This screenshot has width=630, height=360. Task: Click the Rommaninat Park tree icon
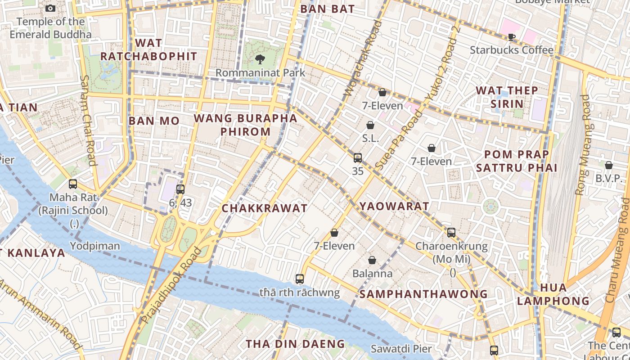(260, 59)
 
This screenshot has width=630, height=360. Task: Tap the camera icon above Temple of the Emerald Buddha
(50, 8)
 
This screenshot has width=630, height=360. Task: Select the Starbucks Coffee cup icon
(511, 37)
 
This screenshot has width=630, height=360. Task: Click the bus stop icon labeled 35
(358, 158)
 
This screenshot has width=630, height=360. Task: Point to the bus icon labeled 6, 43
(180, 189)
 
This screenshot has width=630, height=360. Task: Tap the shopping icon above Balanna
(372, 260)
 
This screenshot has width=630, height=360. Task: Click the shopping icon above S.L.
(370, 125)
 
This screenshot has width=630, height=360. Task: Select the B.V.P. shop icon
(608, 166)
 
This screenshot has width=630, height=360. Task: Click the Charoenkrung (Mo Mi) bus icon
(451, 233)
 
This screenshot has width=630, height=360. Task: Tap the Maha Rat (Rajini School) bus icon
(73, 184)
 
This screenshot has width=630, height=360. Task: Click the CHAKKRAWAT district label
(265, 208)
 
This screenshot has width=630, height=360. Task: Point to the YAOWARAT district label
(394, 206)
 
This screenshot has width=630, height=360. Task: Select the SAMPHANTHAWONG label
(423, 294)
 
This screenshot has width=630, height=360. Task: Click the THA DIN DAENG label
(295, 344)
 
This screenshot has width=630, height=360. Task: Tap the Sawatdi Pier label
(401, 349)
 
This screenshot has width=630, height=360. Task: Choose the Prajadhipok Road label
(171, 285)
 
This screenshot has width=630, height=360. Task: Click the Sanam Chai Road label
(88, 120)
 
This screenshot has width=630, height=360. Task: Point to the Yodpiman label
(95, 246)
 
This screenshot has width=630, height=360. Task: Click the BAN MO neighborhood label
(154, 121)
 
